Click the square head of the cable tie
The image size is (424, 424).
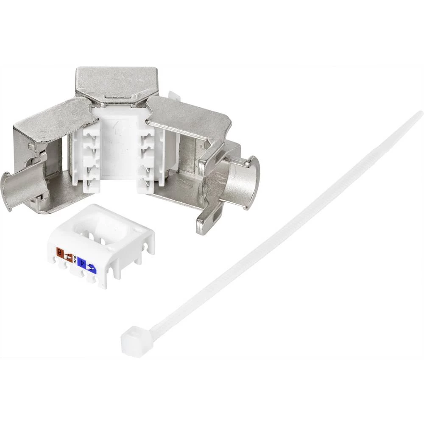pyautogui.click(x=132, y=340)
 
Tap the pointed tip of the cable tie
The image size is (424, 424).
pyautogui.click(x=420, y=113)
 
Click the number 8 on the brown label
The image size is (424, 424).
pyautogui.click(x=60, y=254)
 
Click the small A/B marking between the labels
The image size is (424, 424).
pyautogui.click(x=75, y=260)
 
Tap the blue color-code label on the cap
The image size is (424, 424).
pyautogui.click(x=87, y=265)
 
